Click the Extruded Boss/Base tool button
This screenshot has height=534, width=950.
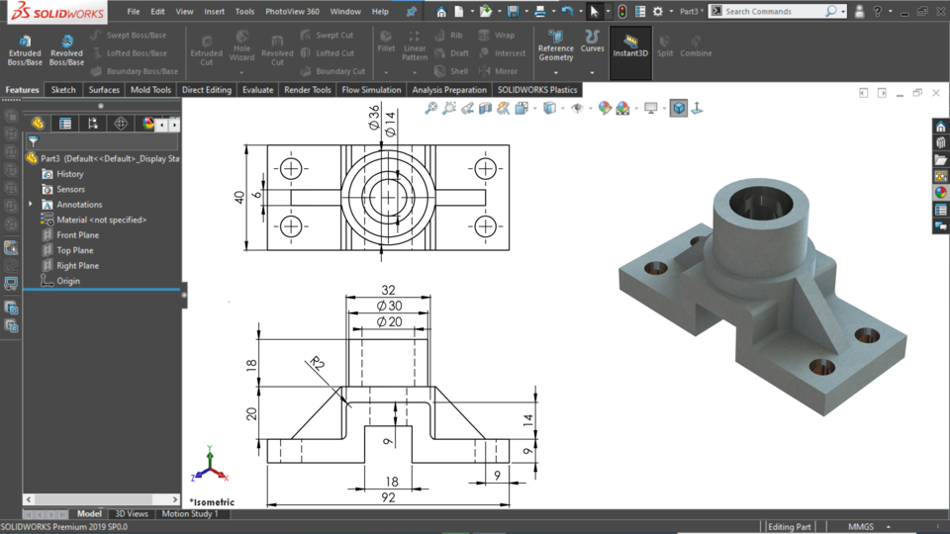25,49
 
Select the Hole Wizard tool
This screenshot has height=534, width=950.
241,49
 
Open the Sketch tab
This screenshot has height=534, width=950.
63,90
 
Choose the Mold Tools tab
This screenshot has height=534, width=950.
150,90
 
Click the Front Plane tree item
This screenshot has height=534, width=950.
77,235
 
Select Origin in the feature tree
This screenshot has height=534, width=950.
67,281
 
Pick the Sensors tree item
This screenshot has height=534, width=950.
70,189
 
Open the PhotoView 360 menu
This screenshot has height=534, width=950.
292,12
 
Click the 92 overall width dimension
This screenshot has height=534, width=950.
388,497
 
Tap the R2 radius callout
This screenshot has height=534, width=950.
317,363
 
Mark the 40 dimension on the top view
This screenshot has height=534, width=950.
239,197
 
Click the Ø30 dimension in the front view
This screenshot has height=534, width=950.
388,306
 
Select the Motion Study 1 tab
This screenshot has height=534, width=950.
189,514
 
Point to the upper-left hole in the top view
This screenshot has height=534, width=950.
291,168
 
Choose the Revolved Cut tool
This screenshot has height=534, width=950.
277,49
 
